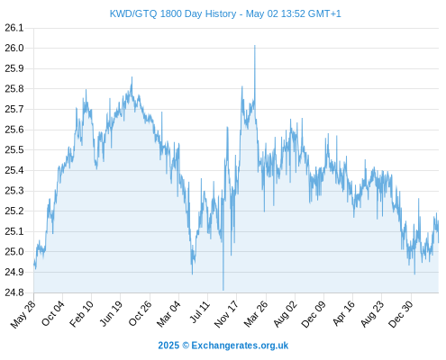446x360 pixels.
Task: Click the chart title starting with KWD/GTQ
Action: point(225,13)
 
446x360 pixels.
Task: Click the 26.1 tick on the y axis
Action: point(14,28)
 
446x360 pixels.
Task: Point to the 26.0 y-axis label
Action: point(14,48)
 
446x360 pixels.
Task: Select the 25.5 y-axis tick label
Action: point(14,149)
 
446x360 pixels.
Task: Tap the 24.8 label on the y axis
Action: point(14,292)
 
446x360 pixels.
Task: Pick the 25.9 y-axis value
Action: point(14,68)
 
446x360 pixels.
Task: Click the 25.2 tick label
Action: point(14,211)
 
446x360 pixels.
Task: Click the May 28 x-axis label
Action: point(23,314)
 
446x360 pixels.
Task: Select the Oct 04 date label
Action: point(52,313)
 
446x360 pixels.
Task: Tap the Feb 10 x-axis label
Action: point(81,314)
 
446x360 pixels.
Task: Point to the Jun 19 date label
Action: point(111,313)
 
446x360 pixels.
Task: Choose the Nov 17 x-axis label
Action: point(226,314)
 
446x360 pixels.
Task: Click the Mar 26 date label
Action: point(256,314)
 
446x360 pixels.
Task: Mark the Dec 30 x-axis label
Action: point(400,314)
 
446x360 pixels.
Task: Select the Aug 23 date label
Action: point(372,314)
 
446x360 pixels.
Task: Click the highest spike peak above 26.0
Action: point(255,46)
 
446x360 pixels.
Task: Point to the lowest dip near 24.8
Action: point(223,290)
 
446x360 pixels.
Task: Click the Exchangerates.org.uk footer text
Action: point(240,346)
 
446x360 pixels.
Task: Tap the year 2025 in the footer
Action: point(168,346)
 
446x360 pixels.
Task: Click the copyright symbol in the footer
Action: point(186,346)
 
